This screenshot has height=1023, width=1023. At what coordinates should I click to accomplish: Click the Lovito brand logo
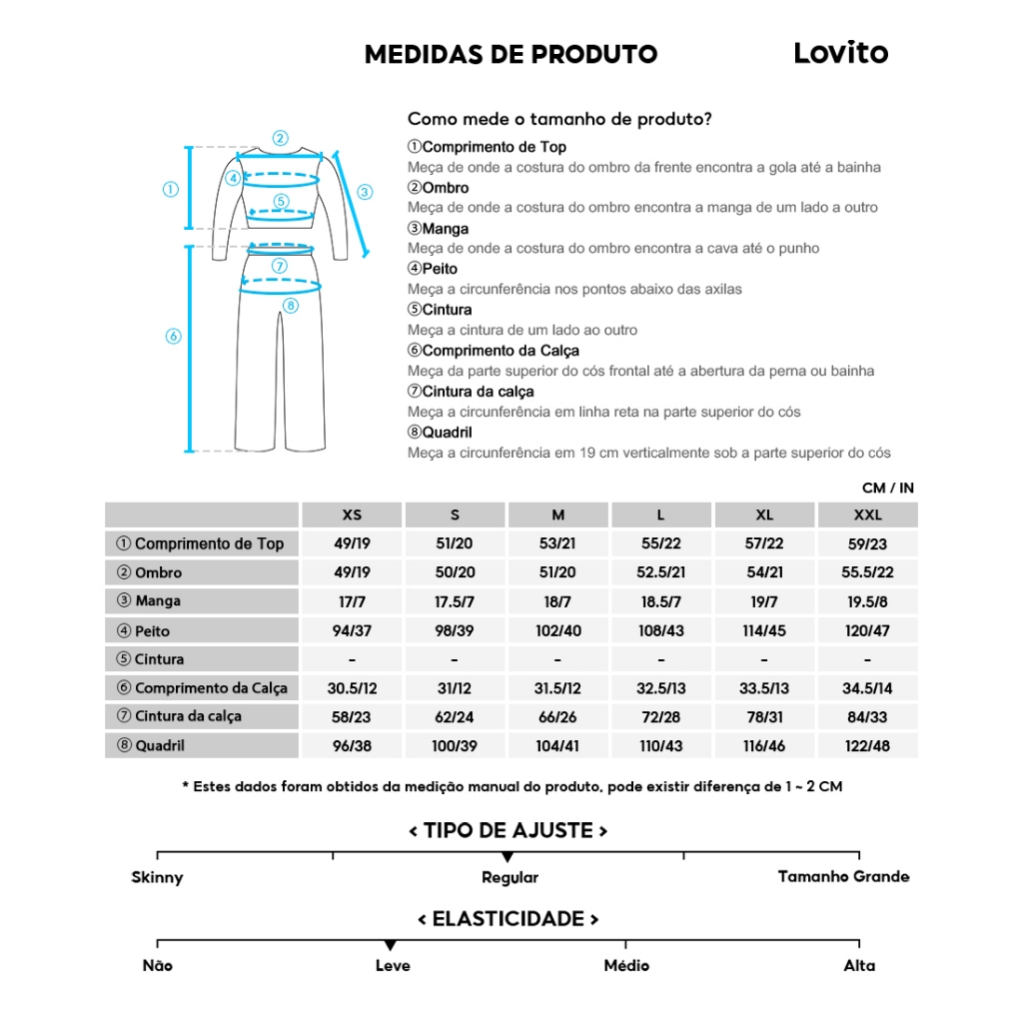(840, 53)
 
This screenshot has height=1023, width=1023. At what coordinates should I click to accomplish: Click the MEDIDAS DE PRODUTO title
(511, 54)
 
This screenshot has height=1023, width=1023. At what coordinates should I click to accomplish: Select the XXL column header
(867, 515)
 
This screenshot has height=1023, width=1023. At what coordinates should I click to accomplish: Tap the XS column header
(352, 515)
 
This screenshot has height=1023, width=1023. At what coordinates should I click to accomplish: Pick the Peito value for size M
(557, 631)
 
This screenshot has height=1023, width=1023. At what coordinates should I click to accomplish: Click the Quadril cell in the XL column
(764, 746)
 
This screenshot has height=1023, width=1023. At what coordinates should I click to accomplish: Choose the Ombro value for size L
(660, 573)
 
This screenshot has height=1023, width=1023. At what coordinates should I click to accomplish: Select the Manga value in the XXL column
(867, 602)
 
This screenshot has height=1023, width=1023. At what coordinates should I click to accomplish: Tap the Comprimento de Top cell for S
(455, 544)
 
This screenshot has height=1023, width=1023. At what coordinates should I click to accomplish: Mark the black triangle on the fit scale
(508, 857)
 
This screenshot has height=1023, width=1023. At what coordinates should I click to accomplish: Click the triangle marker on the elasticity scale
(391, 945)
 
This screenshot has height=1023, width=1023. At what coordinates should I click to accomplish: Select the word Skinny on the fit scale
(157, 878)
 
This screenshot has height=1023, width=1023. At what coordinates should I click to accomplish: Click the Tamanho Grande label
(843, 877)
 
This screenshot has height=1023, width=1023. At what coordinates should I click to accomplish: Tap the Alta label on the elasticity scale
(859, 966)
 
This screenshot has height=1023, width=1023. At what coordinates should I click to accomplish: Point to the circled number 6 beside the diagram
(173, 337)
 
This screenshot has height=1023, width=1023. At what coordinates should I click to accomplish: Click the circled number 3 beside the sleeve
(365, 192)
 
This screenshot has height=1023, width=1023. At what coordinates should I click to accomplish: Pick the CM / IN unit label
(887, 489)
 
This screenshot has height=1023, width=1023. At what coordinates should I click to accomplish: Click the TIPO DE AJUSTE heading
(509, 831)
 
